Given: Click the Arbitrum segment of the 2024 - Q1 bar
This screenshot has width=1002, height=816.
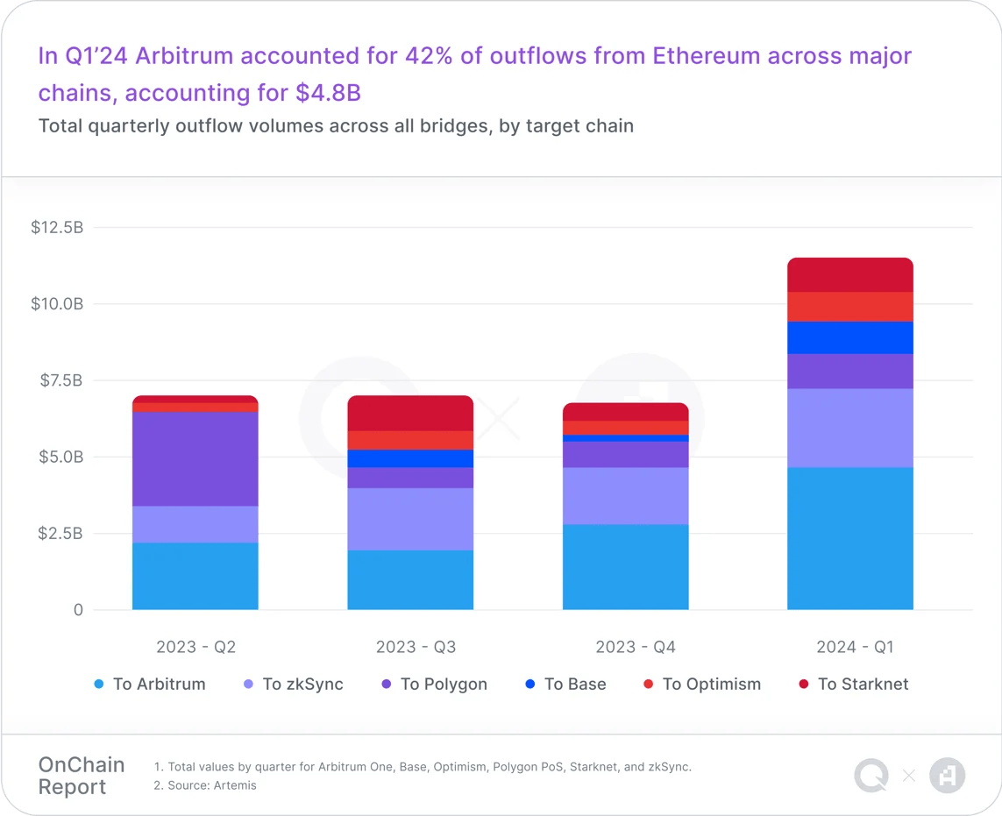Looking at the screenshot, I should pos(849,538).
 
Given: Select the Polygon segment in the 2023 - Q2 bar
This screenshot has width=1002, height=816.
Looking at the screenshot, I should pos(195,458).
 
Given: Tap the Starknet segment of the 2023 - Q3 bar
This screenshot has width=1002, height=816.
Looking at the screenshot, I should pos(410,413).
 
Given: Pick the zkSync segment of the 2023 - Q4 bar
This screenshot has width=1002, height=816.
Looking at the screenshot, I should pos(625,495).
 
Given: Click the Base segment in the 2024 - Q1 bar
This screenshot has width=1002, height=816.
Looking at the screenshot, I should pos(849,337).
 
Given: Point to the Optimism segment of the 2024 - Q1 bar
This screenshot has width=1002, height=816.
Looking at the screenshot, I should pos(849,307).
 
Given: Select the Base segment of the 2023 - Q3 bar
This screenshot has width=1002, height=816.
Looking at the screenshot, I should pos(410,458).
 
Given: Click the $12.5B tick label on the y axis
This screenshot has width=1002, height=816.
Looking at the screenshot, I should pos(57,228).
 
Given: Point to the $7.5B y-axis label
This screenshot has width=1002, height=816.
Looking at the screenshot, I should pos(61,380).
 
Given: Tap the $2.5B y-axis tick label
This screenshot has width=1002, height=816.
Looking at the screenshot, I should pos(61,533).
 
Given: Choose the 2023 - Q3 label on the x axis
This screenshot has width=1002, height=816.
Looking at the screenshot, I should pos(416,647).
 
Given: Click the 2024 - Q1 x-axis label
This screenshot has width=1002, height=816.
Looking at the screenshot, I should pos(855,647).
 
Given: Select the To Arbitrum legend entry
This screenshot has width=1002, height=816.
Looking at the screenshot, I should pos(150,685).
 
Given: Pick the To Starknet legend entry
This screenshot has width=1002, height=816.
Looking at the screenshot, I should pos(854,685).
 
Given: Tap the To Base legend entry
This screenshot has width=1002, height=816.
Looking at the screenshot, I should pos(565,685).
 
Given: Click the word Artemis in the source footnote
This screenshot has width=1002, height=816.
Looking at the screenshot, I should pos(234,785).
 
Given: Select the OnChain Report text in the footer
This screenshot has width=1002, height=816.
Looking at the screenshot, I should pos(82,776).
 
